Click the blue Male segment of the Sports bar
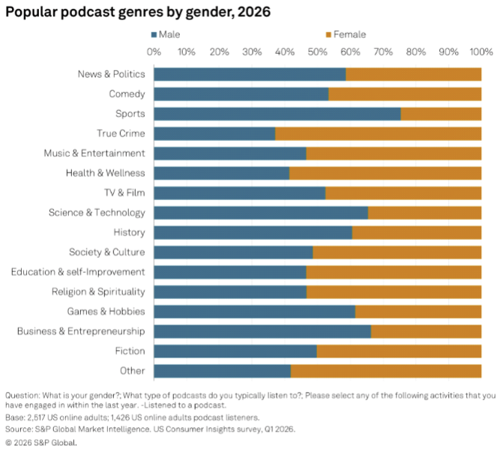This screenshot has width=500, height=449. tap(277, 114)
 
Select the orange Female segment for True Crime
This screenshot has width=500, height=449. tap(378, 133)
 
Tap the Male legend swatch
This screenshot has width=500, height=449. tap(154, 34)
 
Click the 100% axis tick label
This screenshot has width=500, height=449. tap(481, 52)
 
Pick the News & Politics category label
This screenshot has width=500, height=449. tap(111, 74)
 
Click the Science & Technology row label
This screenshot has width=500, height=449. tap(97, 212)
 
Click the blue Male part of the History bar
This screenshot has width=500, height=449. tap(253, 232)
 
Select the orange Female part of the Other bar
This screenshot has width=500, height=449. tap(385, 370)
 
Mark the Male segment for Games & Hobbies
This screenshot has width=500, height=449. tap(254, 311)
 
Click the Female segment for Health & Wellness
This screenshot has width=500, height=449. tap(385, 173)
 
